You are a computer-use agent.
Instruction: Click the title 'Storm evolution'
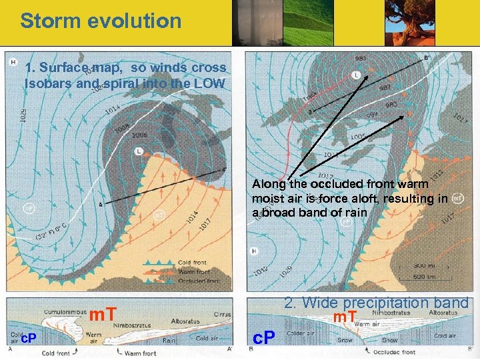coord(101,21)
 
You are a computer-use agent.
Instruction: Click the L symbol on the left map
coord(139,151)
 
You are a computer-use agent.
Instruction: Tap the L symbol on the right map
coord(356,75)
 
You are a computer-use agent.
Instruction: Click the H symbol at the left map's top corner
coord(13,63)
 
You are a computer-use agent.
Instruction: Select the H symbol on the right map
coord(254,251)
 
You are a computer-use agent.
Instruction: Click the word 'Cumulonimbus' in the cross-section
coord(64,311)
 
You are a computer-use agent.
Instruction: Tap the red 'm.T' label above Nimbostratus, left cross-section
coord(103,313)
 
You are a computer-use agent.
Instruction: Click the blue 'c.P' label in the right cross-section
coord(265,338)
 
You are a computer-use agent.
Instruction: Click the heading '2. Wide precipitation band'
coord(376,303)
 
